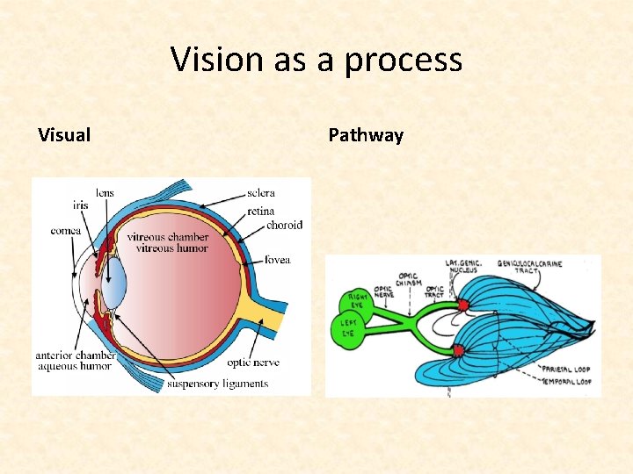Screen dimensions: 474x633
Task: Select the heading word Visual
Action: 64,135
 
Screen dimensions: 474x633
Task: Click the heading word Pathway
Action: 366,135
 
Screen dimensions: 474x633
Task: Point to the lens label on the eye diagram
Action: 105,193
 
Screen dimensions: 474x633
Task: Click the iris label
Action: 81,206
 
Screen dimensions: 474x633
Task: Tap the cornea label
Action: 66,231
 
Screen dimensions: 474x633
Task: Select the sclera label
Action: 261,193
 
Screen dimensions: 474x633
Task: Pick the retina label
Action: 261,211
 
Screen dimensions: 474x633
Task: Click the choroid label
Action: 285,225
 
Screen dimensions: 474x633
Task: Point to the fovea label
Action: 277,260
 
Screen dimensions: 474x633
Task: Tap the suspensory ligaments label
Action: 217,384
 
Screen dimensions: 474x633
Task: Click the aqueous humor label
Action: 74,366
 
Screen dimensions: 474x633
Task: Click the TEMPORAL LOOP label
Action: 566,382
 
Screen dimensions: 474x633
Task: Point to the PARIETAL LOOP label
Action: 566,370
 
